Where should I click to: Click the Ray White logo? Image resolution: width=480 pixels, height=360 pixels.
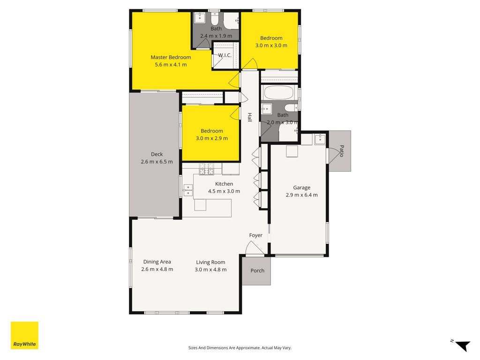[x=24, y=335]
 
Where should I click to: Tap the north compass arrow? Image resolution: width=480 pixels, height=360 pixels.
[x=463, y=345]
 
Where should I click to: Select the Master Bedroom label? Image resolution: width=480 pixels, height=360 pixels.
[x=171, y=57]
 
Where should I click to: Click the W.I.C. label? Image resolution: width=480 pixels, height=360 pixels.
[x=225, y=55]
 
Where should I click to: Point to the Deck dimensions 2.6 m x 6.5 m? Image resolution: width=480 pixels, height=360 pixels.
[x=157, y=162]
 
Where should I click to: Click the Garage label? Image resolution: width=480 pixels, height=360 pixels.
[x=301, y=187]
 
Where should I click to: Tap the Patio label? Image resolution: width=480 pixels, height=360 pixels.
[x=342, y=151]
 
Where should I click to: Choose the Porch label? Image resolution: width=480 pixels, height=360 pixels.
[x=257, y=270]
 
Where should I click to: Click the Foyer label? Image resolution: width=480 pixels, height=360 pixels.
[x=255, y=235]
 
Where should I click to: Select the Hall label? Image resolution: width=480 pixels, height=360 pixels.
[x=250, y=117]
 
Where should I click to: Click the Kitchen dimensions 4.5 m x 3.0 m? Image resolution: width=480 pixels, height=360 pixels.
[x=224, y=191]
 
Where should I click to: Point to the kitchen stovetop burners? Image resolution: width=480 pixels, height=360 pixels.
[x=207, y=169]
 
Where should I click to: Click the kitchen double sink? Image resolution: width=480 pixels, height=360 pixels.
[x=187, y=190]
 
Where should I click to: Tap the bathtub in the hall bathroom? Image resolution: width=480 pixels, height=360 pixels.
[x=279, y=92]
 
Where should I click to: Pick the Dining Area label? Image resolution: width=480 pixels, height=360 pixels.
[x=157, y=262]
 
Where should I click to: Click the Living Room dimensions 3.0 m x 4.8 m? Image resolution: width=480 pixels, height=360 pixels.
[x=210, y=270]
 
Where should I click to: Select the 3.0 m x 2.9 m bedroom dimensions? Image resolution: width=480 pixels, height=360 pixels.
[x=212, y=138]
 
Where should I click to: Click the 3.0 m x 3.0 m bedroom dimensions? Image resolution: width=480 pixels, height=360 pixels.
[x=271, y=45]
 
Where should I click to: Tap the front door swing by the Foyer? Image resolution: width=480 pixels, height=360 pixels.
[x=254, y=247]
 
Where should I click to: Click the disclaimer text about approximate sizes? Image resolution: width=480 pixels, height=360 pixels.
[x=240, y=348]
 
